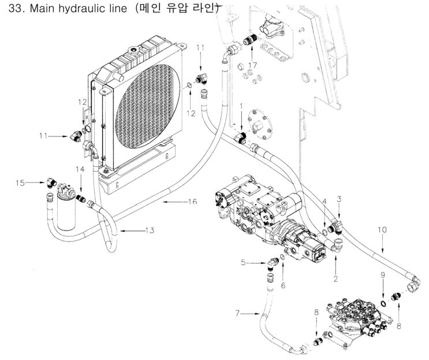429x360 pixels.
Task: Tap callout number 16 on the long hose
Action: click(192, 201)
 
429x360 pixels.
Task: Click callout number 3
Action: click(340, 199)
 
